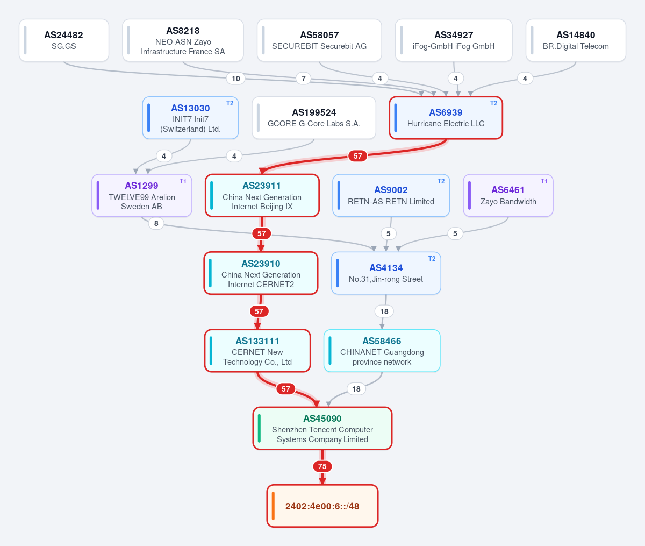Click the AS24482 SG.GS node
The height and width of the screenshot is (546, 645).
(63, 40)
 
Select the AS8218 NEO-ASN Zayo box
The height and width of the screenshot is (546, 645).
(183, 40)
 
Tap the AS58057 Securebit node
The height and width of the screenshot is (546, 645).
(319, 40)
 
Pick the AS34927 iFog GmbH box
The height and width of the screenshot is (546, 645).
(454, 40)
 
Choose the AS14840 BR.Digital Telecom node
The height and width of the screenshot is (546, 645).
(576, 40)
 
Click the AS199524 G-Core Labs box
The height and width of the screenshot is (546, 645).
(314, 118)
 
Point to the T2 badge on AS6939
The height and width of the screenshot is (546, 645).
(493, 103)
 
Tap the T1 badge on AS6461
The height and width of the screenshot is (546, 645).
(544, 181)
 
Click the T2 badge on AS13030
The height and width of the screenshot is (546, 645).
(230, 103)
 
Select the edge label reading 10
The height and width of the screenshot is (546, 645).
(235, 79)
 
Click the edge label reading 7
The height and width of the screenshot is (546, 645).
(303, 79)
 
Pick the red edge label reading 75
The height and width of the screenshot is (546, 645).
(322, 466)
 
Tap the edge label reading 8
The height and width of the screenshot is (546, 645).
(156, 223)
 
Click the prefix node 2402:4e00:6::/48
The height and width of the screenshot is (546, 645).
(322, 506)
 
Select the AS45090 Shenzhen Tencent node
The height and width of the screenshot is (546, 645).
(322, 428)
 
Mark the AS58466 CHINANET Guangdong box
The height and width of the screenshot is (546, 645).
(382, 351)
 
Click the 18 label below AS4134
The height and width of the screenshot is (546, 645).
(384, 311)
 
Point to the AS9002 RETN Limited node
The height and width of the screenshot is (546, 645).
(391, 195)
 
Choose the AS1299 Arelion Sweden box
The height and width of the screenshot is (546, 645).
(142, 195)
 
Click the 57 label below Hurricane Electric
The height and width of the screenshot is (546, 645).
(357, 156)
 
